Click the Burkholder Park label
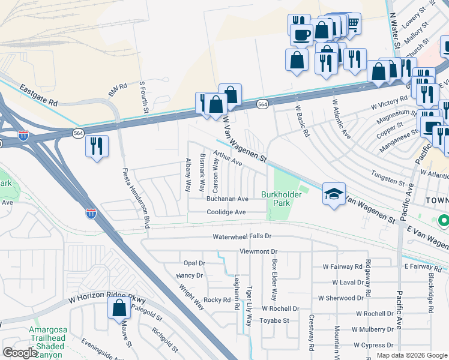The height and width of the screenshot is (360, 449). click(x=276, y=199)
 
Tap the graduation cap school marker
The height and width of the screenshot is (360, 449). click(x=334, y=193)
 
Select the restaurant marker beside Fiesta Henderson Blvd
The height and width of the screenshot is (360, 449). click(x=97, y=146)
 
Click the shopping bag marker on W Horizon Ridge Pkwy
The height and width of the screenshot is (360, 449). click(x=119, y=308)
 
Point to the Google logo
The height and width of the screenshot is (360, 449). click(x=20, y=353)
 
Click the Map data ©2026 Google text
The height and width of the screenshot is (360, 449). click(x=411, y=355)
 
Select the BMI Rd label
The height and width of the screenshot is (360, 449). click(x=118, y=91)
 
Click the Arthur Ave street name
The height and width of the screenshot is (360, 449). click(x=229, y=159)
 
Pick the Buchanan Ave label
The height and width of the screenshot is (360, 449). click(x=228, y=199)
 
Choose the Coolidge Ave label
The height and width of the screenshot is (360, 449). click(x=226, y=212)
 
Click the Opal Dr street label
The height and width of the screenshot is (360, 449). click(x=194, y=263)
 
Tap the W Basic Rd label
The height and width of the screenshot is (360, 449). click(x=301, y=122)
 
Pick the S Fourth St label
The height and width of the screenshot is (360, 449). click(x=144, y=98)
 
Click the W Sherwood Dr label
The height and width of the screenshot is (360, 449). click(x=341, y=298)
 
